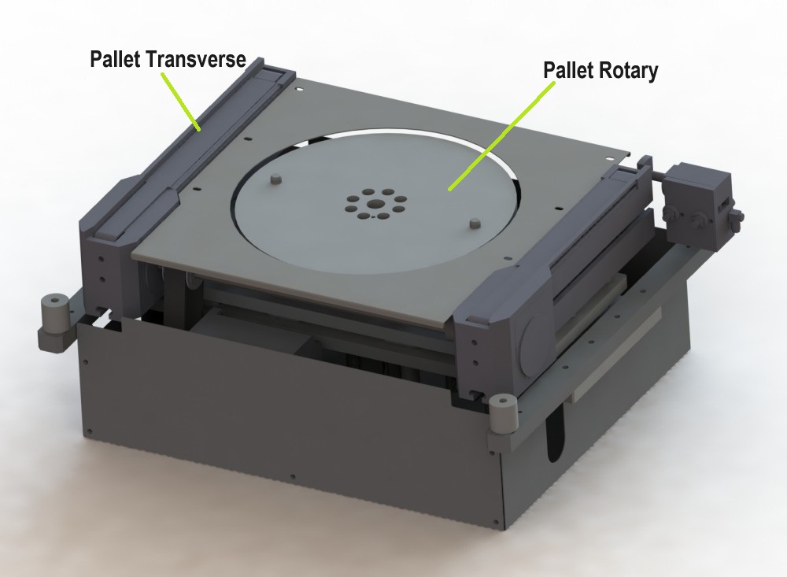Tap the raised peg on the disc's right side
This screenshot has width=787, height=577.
[474, 224]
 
